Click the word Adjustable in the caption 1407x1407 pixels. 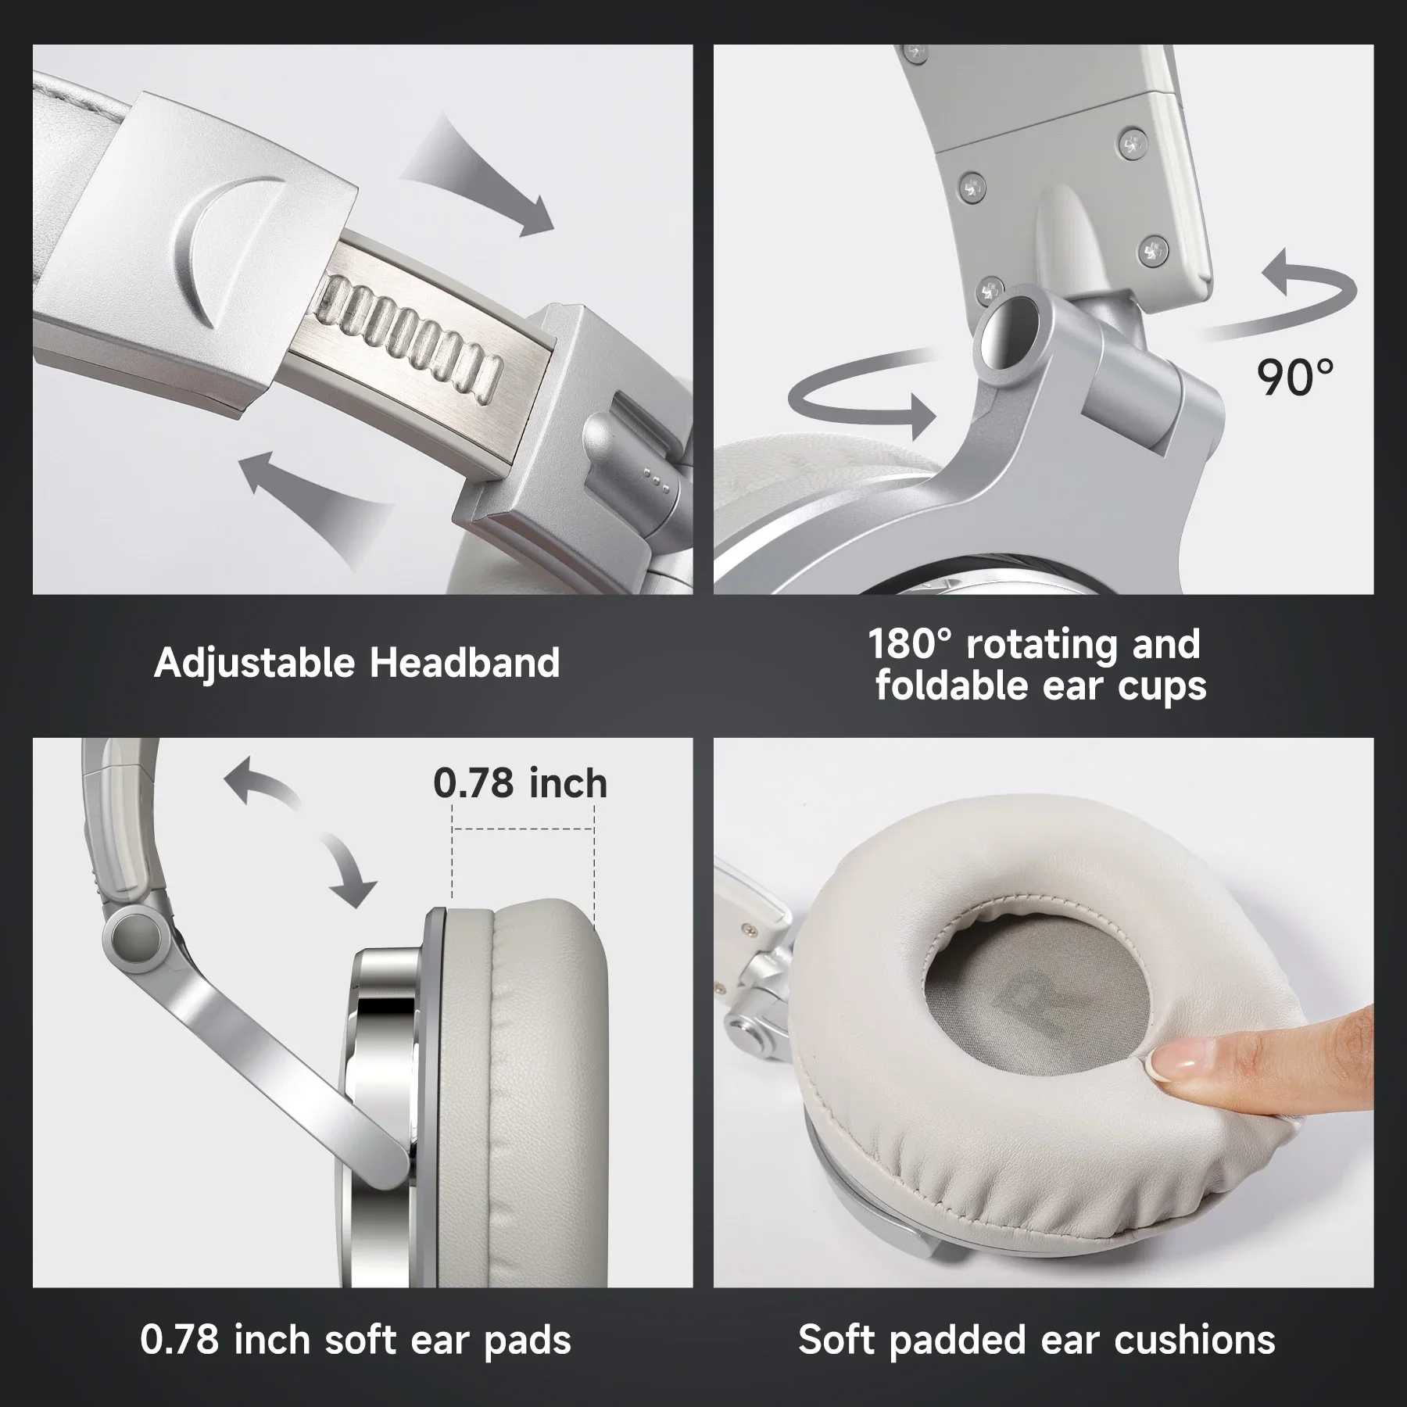254,664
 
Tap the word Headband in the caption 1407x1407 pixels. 464,662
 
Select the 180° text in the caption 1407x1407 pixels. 911,644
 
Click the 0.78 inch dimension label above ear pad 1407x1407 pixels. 520,783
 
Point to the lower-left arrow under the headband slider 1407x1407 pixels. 313,500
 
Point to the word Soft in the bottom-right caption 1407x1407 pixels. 836,1340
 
